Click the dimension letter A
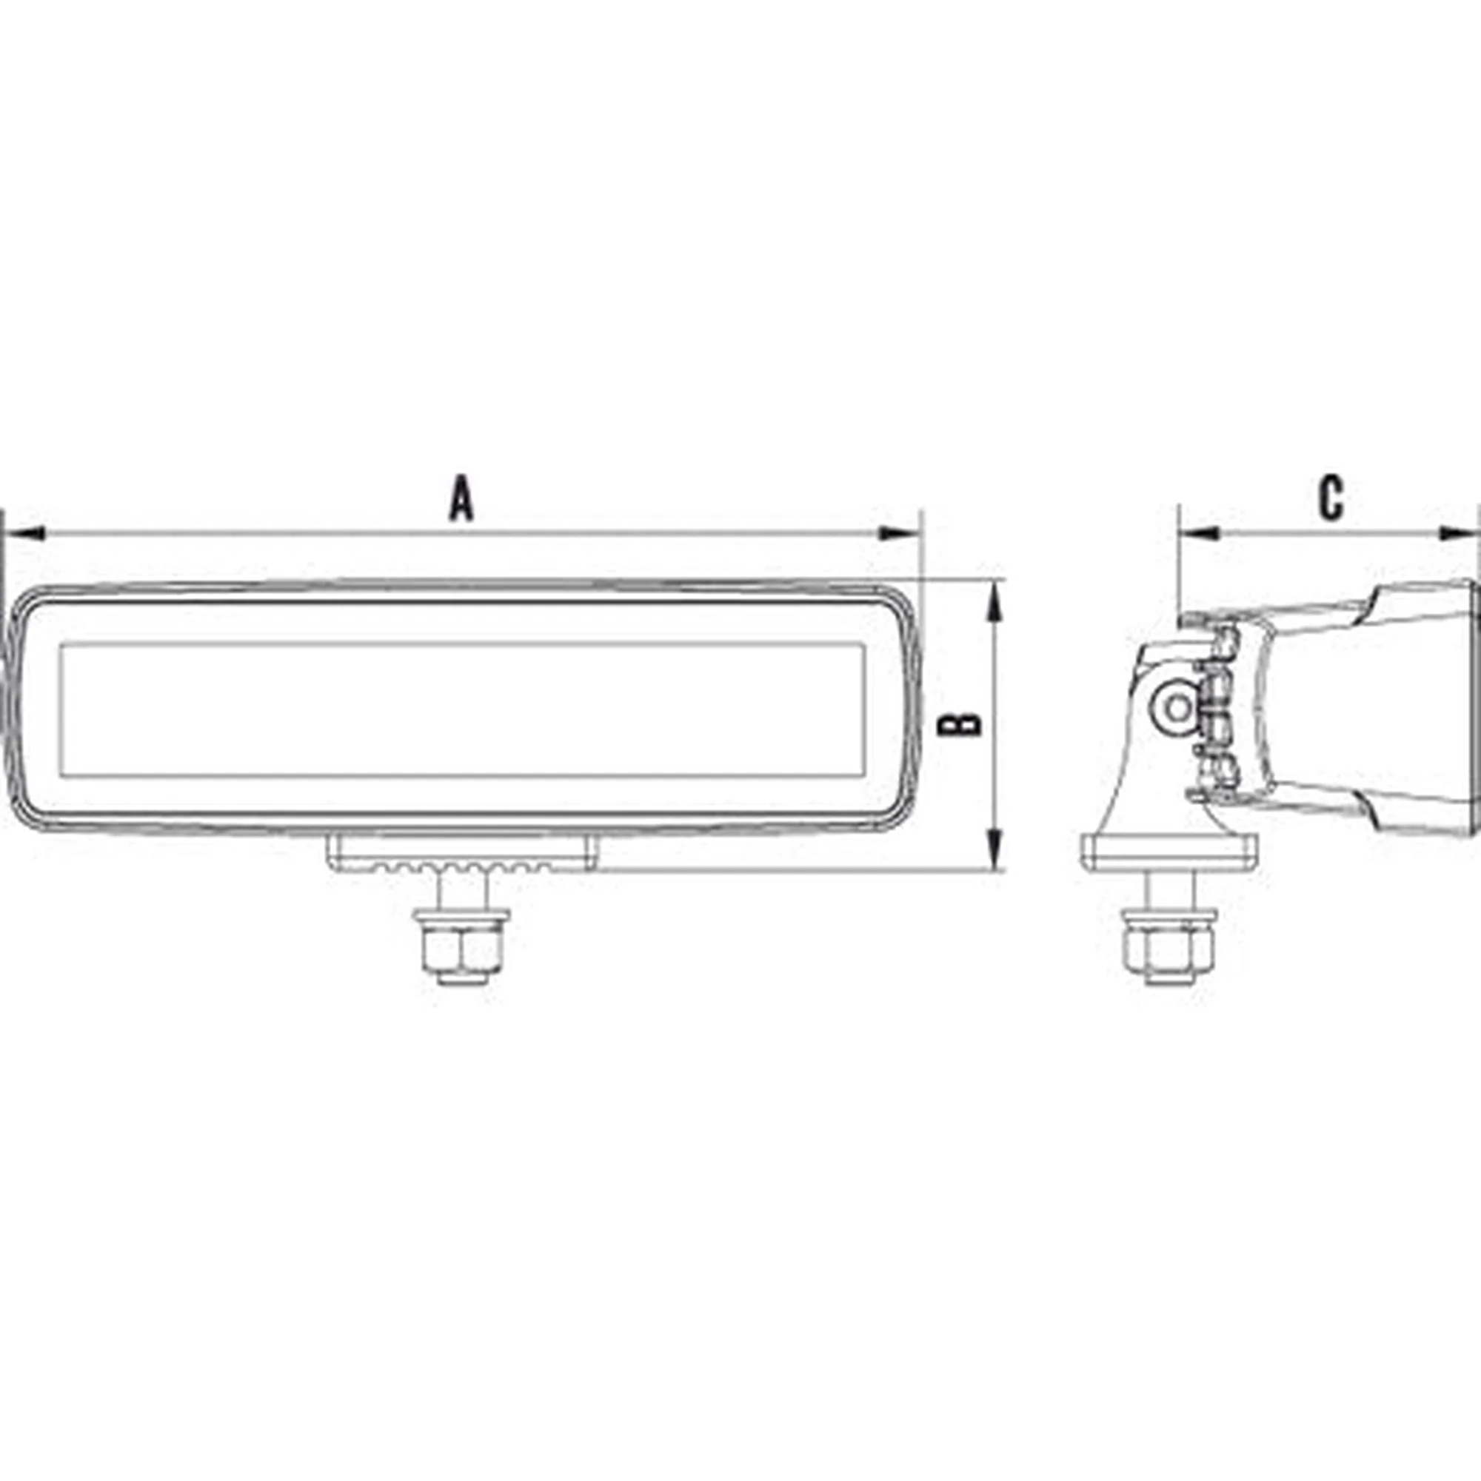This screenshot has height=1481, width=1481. click(x=461, y=498)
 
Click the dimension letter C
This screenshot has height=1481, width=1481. click(x=1331, y=499)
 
